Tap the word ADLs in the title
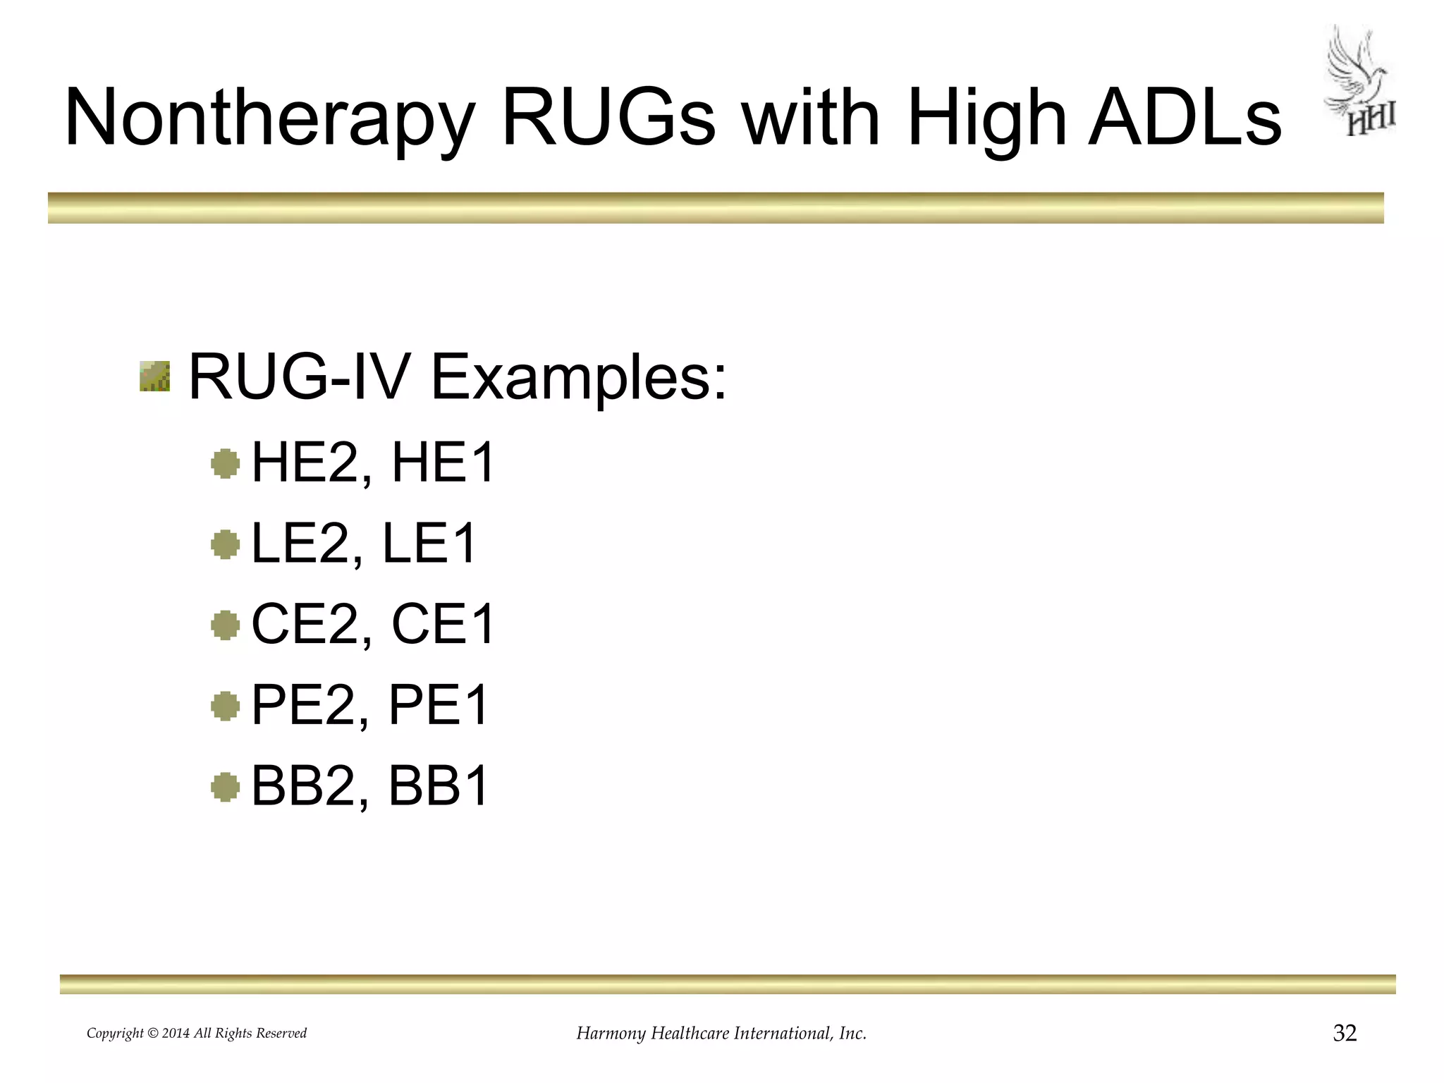[1184, 117]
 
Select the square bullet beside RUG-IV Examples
[154, 376]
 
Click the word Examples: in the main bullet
[578, 377]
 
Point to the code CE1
[443, 624]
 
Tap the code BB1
[439, 786]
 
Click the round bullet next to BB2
[226, 787]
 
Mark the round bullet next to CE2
[226, 625]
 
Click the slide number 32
[1345, 1033]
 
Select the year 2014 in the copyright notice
[176, 1034]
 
